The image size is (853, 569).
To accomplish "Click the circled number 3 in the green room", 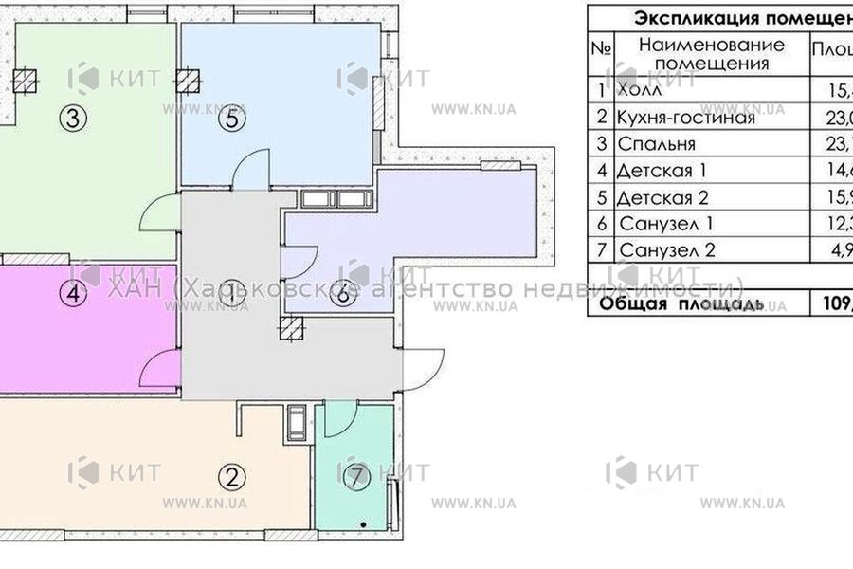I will point(73,119).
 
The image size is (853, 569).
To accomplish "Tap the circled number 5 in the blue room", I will point(233,120).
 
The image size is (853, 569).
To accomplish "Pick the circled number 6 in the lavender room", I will point(344,295).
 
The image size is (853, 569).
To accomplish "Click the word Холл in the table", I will point(639,92).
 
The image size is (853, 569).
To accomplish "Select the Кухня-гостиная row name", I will point(685,119).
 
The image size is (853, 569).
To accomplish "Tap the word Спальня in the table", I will point(656,145).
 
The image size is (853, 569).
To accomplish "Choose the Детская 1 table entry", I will point(662,172).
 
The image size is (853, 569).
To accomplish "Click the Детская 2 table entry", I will point(662,198).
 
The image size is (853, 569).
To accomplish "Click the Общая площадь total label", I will point(679,304).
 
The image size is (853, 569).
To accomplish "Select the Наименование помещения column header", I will point(711,54).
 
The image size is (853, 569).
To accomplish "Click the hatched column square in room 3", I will point(28,80).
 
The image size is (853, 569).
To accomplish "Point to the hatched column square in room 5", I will point(191,80).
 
